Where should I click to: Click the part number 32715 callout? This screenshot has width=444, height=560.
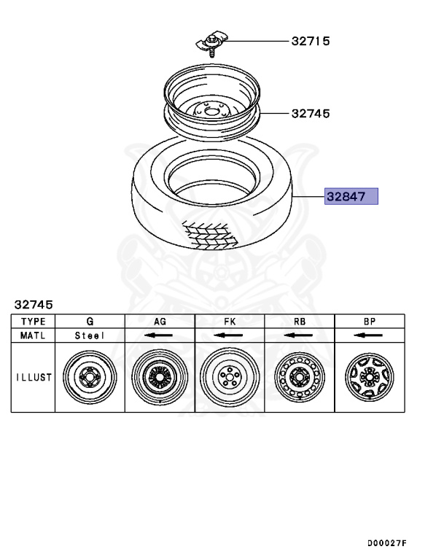tap(311, 41)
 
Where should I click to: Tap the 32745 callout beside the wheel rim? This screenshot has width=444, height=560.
tap(311, 114)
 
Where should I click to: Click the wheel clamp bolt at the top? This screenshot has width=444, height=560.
tap(211, 44)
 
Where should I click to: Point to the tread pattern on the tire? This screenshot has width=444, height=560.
tap(210, 234)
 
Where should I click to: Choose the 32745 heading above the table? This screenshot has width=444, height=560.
tap(34, 305)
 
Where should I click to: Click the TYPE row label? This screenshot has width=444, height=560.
tap(34, 322)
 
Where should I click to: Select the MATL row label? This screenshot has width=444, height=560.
tap(33, 335)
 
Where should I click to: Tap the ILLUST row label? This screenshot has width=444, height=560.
tap(34, 377)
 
